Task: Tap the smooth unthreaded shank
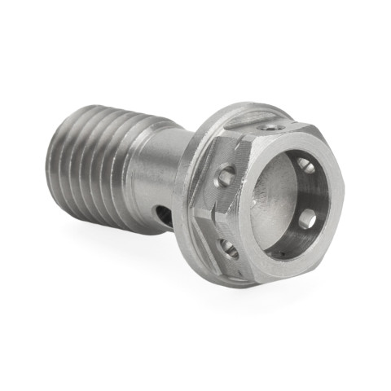click(151, 175)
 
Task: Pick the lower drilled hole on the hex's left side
click(231, 250)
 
